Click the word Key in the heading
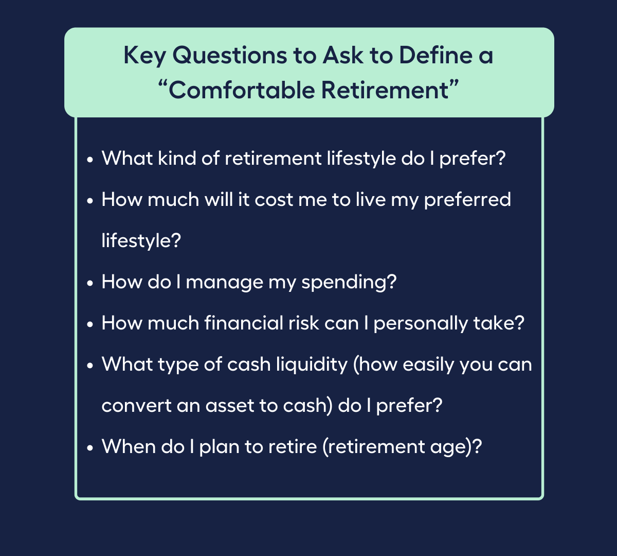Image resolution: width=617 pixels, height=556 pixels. coord(144,56)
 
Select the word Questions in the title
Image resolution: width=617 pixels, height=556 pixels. coord(229,55)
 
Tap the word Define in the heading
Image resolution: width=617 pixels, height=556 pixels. coord(435,55)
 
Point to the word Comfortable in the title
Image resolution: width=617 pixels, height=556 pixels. coord(242,90)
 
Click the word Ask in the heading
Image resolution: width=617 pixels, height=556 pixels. coord(342,55)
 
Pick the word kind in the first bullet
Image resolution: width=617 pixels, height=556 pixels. coord(177,159)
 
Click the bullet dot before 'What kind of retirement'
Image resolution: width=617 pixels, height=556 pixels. coord(90,160)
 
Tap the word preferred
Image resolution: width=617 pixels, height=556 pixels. coord(467,200)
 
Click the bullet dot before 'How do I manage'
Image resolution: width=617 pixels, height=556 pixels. coord(90,283)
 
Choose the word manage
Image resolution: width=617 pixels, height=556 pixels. coord(225,283)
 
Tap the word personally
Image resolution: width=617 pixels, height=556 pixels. coord(421,324)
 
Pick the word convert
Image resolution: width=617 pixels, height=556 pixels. coord(136,406)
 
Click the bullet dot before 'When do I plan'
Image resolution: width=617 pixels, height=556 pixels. coord(90,448)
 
